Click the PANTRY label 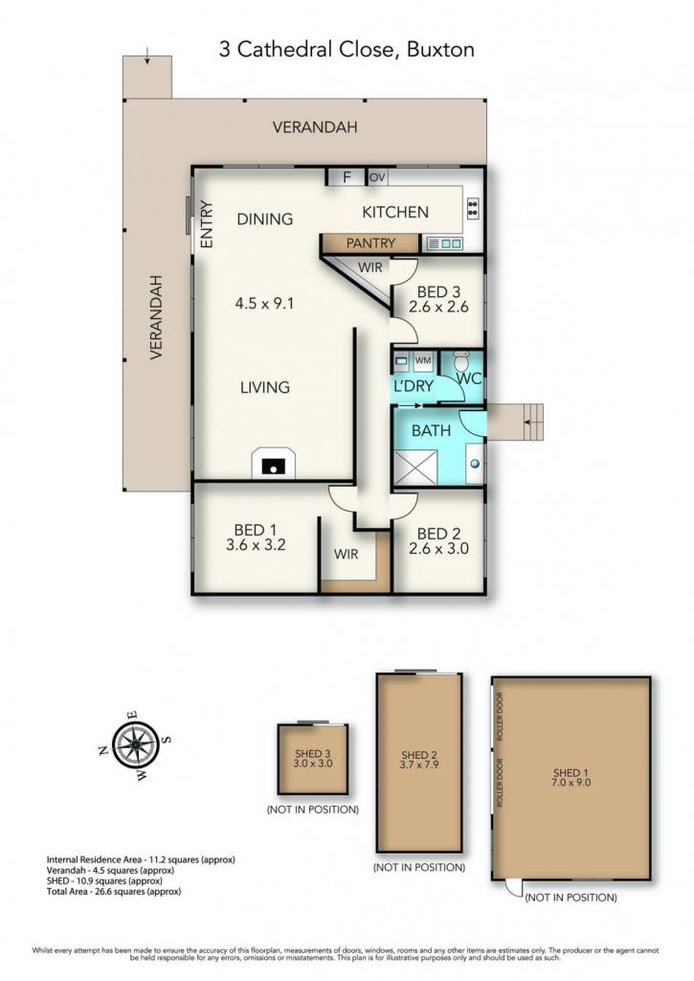pos(370,242)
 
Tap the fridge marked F pos(347,177)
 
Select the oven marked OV pos(377,177)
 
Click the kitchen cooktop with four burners pos(473,208)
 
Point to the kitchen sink pos(444,243)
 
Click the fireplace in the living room pos(273,463)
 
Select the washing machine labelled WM pos(423,360)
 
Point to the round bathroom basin pos(476,464)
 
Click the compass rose pos(135,744)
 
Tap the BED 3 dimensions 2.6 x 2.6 pos(439,307)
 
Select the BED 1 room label pos(255,530)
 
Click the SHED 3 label pos(313,754)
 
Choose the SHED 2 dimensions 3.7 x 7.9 pos(419,764)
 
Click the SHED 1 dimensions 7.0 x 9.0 pos(571,782)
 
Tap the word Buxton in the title pos(440,50)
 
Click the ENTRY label pos(207,224)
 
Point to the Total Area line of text pos(114,892)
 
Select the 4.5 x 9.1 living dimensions pos(264,304)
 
